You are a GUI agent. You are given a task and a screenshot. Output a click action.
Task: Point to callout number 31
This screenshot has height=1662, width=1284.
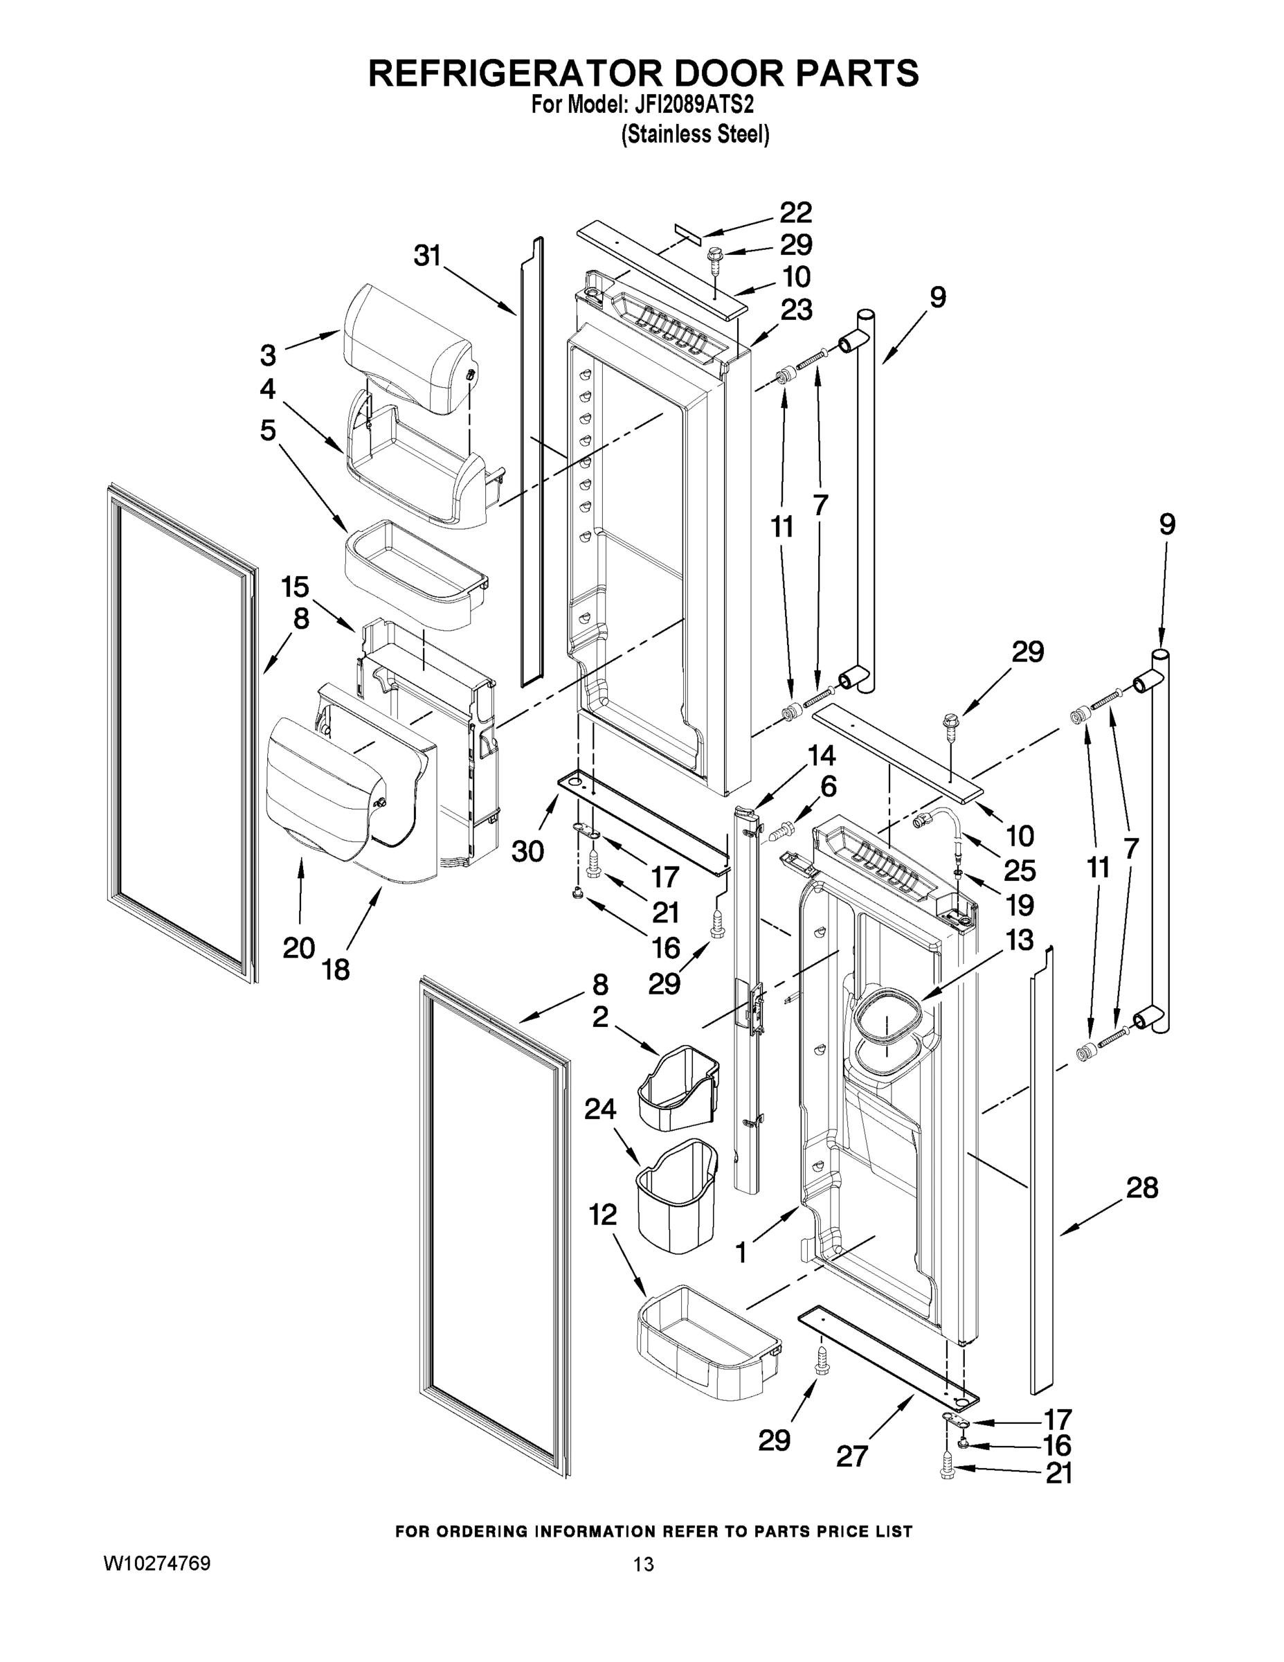[x=428, y=256]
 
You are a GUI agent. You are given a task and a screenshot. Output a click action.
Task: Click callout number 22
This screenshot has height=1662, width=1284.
[x=795, y=213]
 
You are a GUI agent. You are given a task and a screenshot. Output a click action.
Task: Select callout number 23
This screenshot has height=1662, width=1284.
[x=795, y=310]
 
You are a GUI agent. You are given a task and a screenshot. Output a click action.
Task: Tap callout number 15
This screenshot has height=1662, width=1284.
[x=295, y=587]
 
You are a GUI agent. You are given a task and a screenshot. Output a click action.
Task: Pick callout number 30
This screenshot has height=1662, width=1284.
[x=527, y=852]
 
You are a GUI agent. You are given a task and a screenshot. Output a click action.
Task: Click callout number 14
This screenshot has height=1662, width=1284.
[x=821, y=755]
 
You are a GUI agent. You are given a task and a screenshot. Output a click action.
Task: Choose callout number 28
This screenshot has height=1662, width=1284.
[x=1141, y=1187]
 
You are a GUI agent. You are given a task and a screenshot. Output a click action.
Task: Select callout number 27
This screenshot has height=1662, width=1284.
[x=852, y=1456]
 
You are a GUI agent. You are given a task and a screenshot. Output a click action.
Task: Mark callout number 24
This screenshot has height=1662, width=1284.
[x=600, y=1109]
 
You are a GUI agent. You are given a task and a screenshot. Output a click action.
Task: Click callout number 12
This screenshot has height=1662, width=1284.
[x=602, y=1215]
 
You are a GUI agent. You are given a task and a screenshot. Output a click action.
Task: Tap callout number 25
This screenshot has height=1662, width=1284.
[x=1020, y=870]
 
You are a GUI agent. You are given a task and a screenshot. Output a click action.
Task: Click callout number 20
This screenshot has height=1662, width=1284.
[x=299, y=948]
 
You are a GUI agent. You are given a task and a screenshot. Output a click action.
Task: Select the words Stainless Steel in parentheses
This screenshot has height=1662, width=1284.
[x=695, y=135]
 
